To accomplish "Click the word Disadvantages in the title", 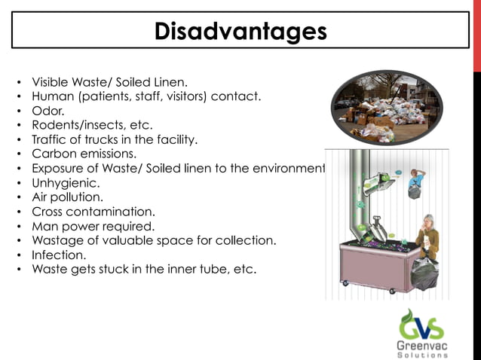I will click(240, 31).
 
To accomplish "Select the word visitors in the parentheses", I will click(179, 96).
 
